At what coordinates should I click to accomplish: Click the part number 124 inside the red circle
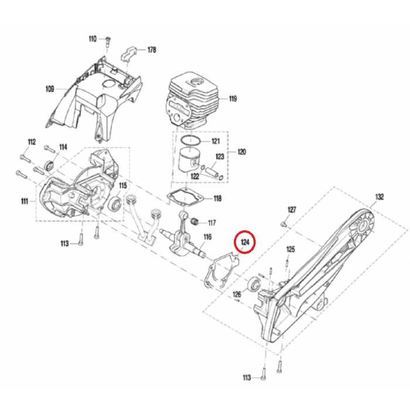point(245,241)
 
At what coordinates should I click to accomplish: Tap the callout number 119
point(233,99)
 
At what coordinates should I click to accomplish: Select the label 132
point(379,197)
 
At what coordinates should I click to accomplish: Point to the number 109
point(50,89)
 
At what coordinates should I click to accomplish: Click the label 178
point(151,50)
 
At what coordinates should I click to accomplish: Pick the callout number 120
point(241,152)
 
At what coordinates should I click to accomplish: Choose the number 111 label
point(24,201)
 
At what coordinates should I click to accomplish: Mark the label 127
point(292,209)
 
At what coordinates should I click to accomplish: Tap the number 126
point(237,294)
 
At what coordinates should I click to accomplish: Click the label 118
point(217,199)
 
